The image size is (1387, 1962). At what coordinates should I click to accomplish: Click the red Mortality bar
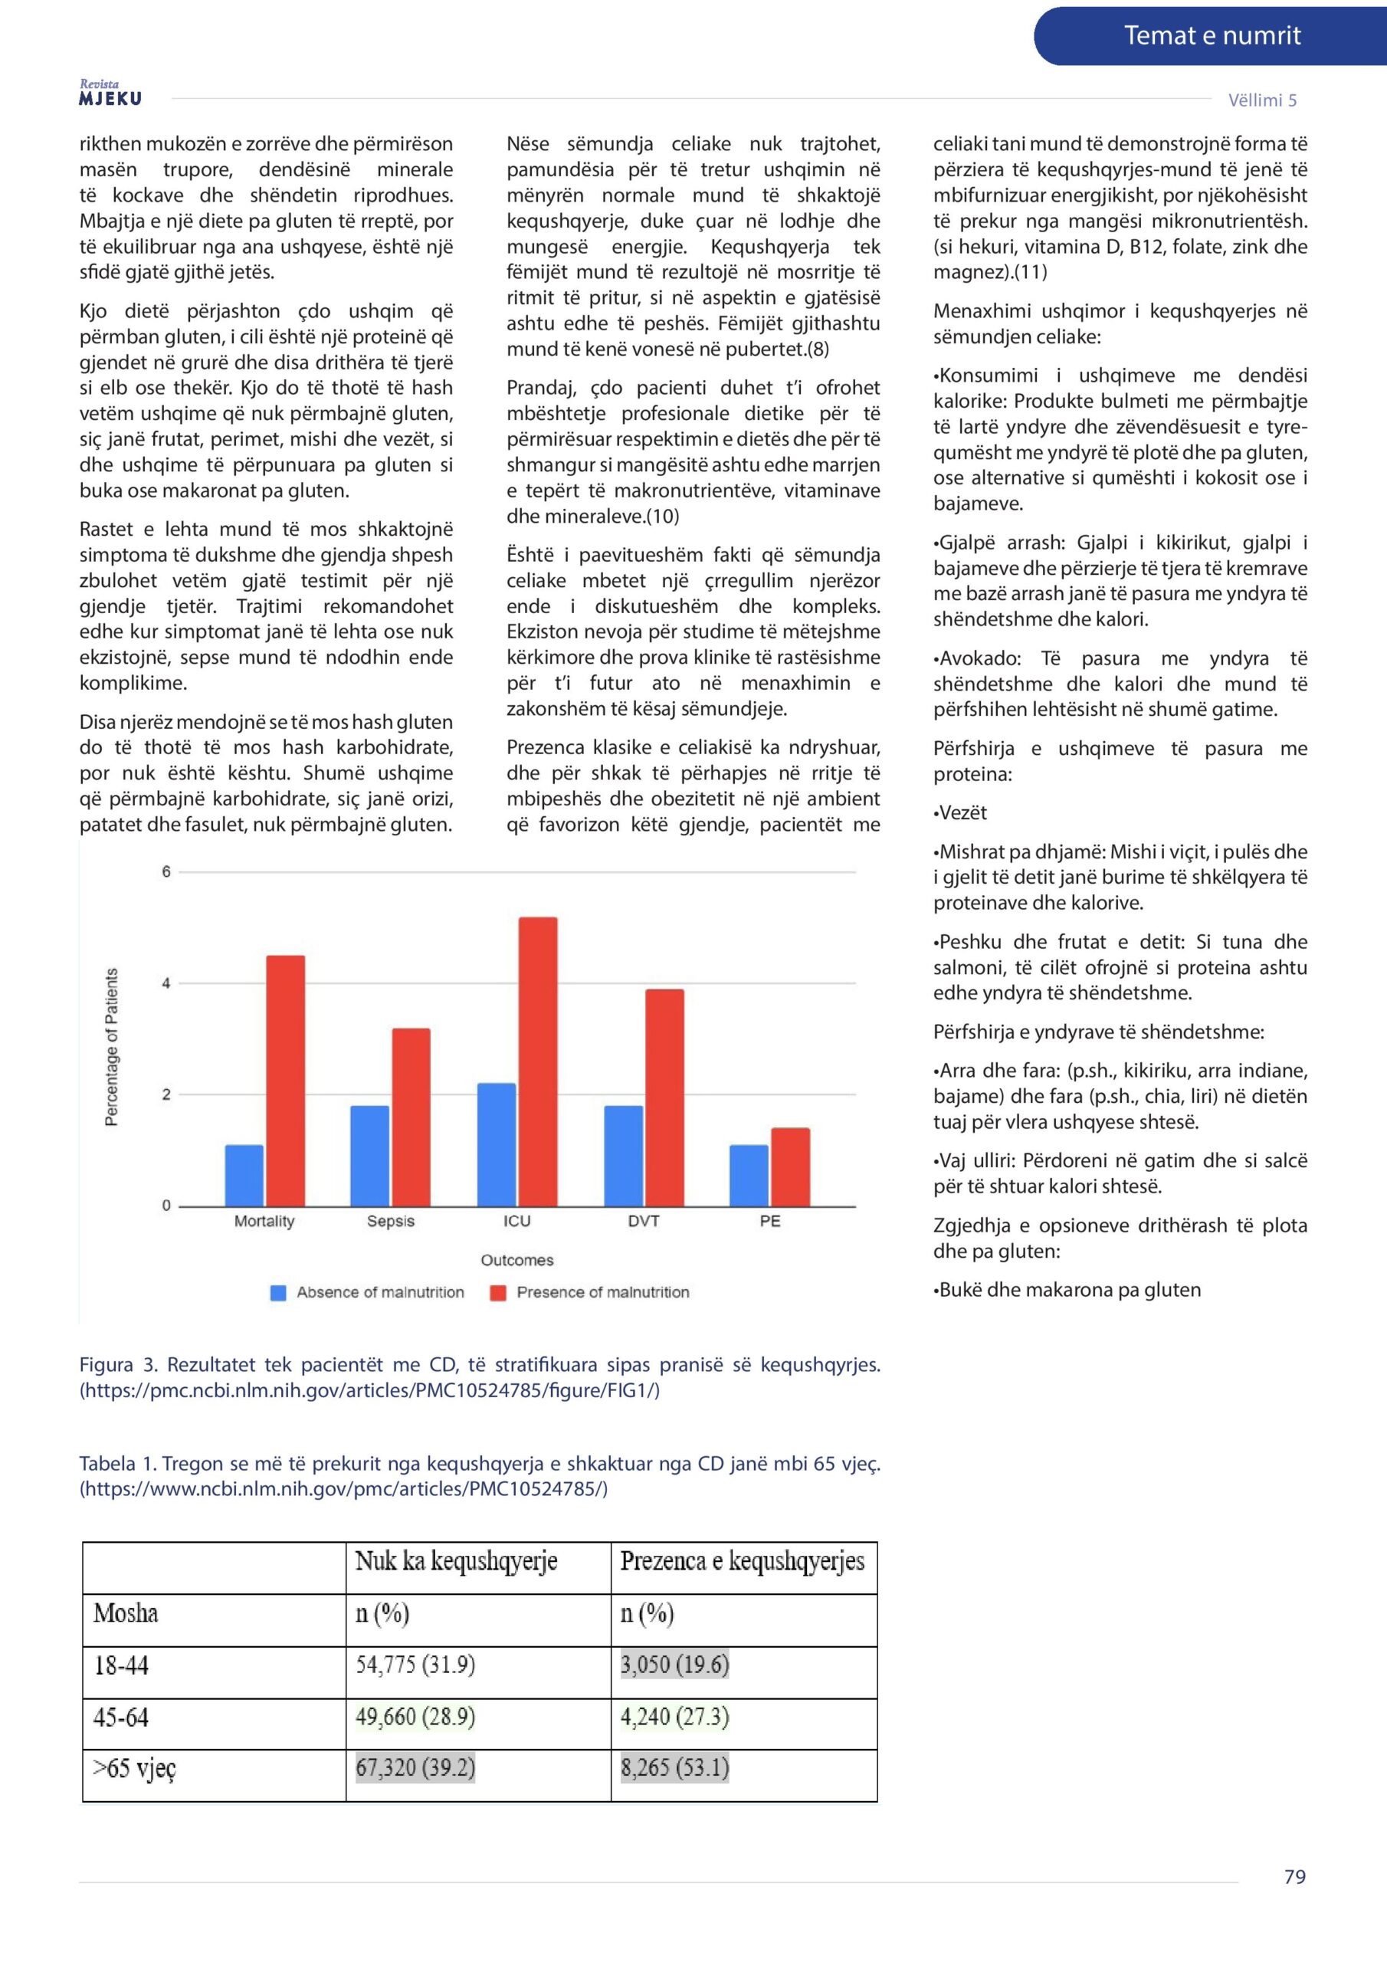[x=285, y=1080]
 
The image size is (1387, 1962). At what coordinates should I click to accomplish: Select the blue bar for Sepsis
[x=369, y=1155]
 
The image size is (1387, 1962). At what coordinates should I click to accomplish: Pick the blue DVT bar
[x=623, y=1155]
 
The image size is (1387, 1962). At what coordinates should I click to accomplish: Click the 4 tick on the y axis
[x=166, y=983]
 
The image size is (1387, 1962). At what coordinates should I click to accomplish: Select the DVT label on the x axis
[x=644, y=1221]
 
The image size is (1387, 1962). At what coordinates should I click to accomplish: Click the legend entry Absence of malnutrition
[x=368, y=1292]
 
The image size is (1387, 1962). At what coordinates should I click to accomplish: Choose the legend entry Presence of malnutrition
[x=590, y=1292]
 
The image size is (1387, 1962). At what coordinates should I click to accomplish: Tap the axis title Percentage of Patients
[x=111, y=1047]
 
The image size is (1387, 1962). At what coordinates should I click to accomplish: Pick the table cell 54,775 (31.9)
[x=415, y=1664]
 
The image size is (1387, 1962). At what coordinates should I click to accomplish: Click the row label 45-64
[x=121, y=1717]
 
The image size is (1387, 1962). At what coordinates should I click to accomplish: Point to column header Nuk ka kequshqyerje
[x=457, y=1560]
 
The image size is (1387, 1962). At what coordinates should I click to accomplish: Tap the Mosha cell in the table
[x=126, y=1613]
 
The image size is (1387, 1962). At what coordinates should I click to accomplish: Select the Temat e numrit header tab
[x=1211, y=36]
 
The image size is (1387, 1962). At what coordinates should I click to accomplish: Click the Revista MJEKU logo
[x=110, y=94]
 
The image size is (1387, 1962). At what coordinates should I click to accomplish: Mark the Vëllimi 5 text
[x=1261, y=100]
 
